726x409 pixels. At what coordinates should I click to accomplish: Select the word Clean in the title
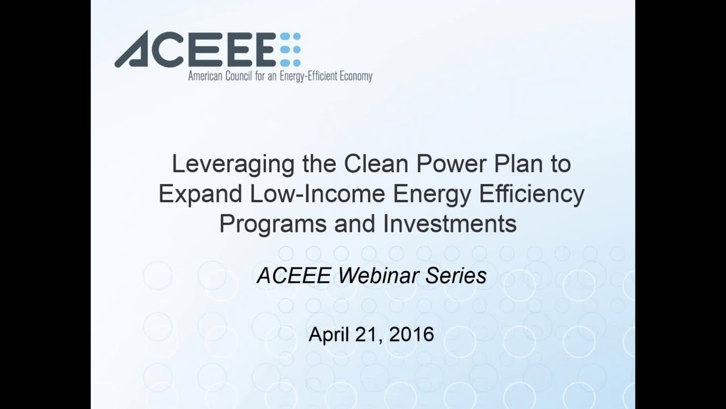tap(376, 164)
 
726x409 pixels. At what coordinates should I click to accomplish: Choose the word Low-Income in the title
tap(318, 194)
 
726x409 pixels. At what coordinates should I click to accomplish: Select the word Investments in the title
tap(450, 223)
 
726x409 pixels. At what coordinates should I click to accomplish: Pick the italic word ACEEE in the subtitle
tap(294, 276)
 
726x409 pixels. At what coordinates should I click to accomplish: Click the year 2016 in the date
tap(411, 335)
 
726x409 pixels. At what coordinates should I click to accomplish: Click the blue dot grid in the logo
tap(290, 49)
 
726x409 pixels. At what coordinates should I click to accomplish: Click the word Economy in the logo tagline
tap(356, 77)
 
